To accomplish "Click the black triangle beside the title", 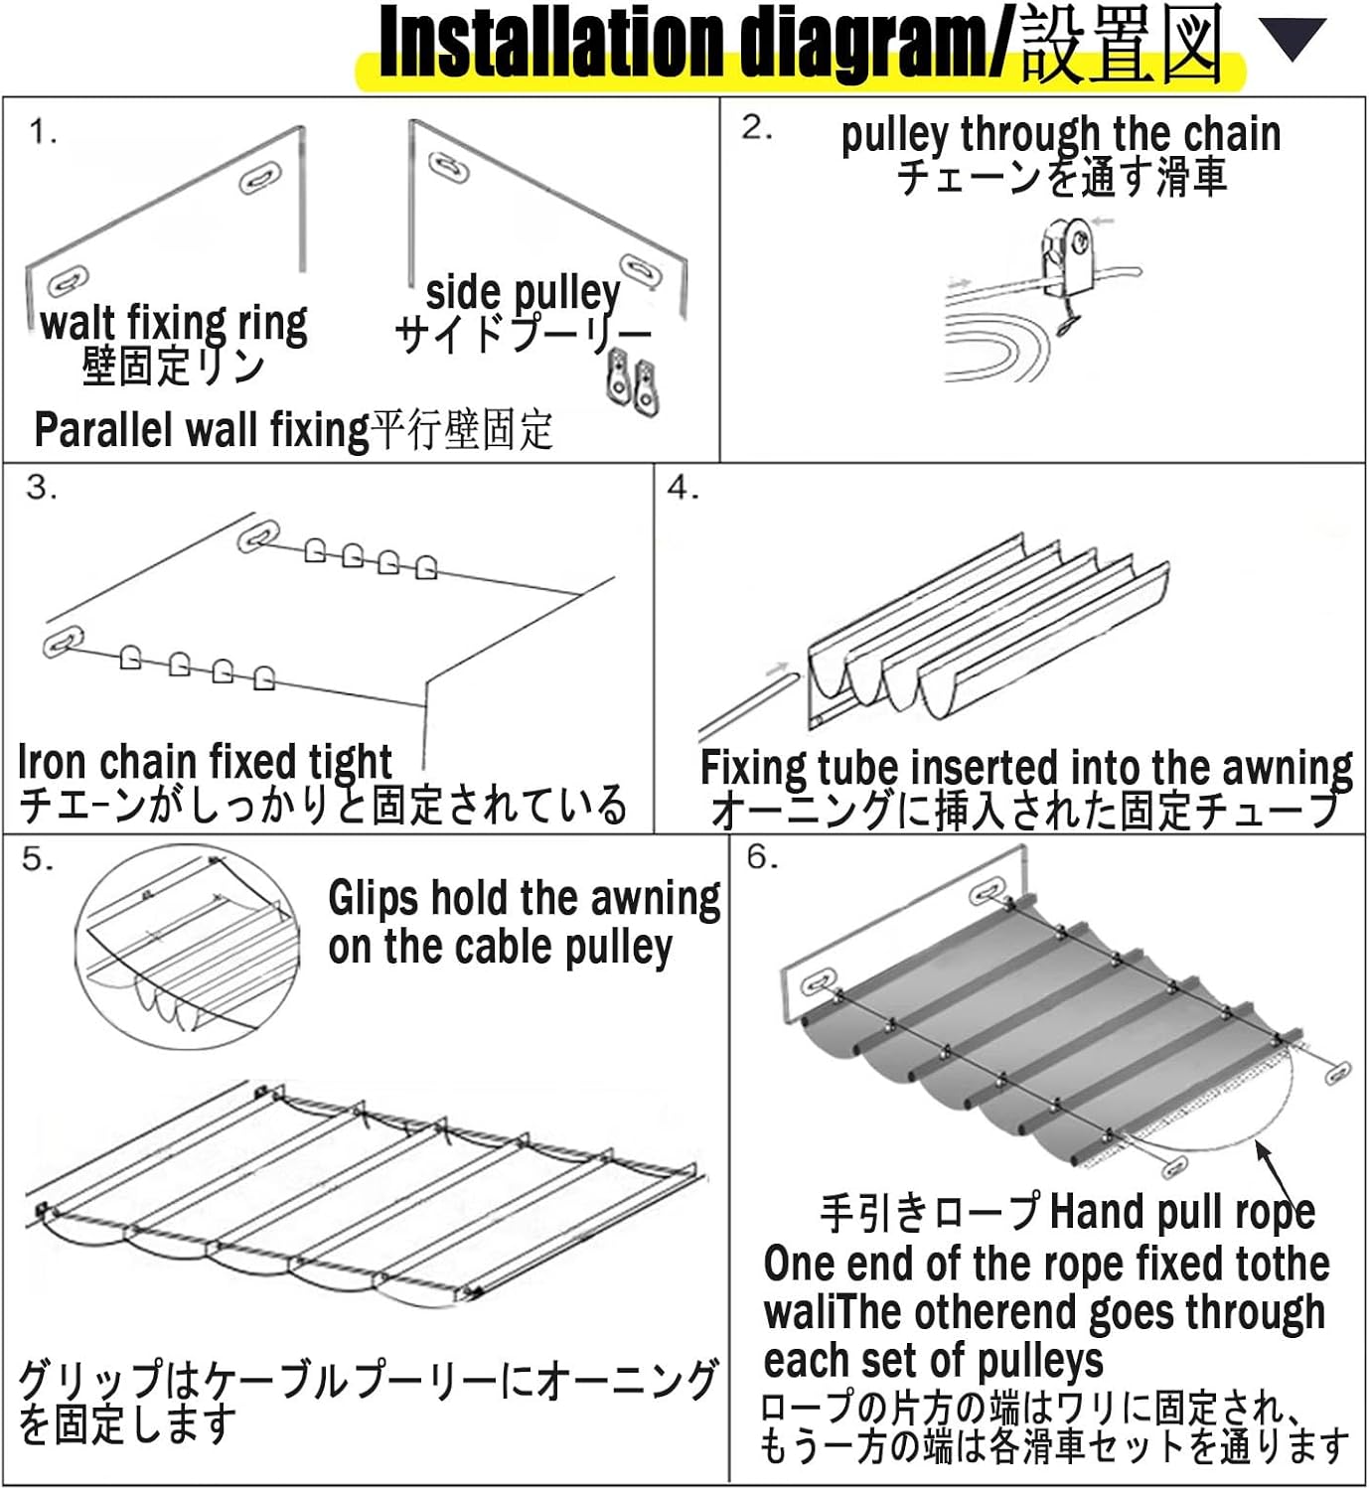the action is pos(1293,39).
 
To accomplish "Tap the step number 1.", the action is pos(43,132).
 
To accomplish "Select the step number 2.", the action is pos(756,127).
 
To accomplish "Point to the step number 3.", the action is pos(42,487).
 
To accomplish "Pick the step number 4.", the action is pos(684,487).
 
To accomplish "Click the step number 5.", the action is pos(38,858).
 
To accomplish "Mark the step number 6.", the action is pos(763,857).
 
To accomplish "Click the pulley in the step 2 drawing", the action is pos(1065,255).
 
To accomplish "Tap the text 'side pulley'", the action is pos(523,292).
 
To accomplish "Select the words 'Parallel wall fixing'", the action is pos(202,430).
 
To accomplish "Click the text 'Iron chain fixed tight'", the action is pos(205,761).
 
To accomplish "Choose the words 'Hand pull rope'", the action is pos(1182,1212).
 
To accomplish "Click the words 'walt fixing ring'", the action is pos(174,323).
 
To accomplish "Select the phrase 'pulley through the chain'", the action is pos(1060,134).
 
